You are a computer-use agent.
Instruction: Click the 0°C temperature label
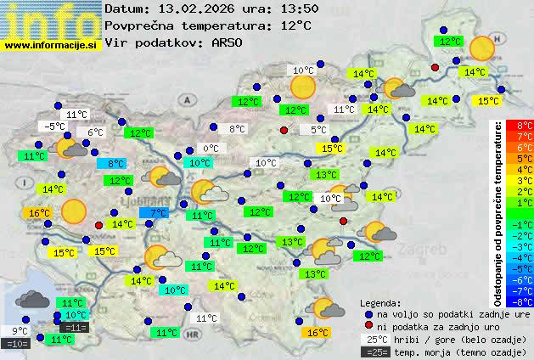point(211,149)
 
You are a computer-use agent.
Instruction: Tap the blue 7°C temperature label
point(159,213)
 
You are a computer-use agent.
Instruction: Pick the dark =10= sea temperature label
point(16,344)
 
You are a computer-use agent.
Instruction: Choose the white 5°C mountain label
point(318,131)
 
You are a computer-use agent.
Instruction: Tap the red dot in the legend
point(368,326)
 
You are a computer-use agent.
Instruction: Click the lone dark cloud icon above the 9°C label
point(32,299)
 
